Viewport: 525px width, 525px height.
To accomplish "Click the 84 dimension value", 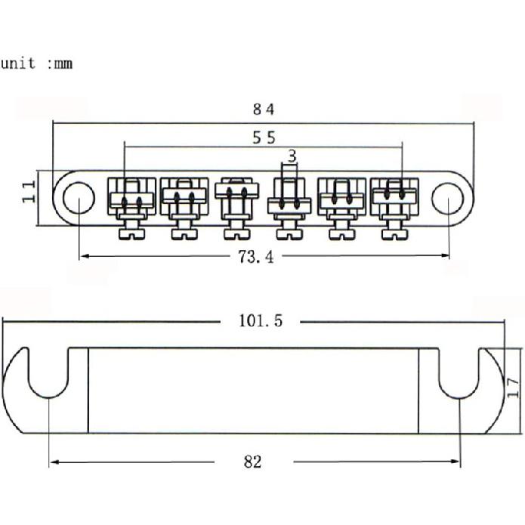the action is (264, 110).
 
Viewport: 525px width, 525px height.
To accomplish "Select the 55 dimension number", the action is (264, 137).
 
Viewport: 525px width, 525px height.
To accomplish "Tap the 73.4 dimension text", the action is (256, 257).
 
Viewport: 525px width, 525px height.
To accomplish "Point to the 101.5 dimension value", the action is (261, 321).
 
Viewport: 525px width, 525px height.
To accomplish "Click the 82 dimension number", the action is (253, 462).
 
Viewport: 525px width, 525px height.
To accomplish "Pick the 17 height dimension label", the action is (513, 388).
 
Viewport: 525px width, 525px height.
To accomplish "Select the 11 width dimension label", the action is (29, 192).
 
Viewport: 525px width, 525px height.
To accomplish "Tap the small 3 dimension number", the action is (292, 156).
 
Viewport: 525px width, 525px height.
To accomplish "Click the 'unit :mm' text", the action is (36, 63).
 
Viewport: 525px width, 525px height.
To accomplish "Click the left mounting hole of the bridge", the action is (79, 198).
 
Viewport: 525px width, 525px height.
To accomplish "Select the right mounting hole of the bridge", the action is (448, 198).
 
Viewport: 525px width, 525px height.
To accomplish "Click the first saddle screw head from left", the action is (132, 234).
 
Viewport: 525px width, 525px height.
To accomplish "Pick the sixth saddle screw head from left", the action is (395, 234).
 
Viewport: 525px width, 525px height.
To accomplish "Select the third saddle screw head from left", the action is (237, 234).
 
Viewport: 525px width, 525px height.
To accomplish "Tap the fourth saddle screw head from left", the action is (289, 234).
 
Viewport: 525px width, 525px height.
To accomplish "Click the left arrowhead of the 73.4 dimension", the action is (85, 256).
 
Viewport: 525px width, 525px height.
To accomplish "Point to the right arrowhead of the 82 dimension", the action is (456, 462).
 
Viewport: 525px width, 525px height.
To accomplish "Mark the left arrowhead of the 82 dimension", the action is (54, 462).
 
